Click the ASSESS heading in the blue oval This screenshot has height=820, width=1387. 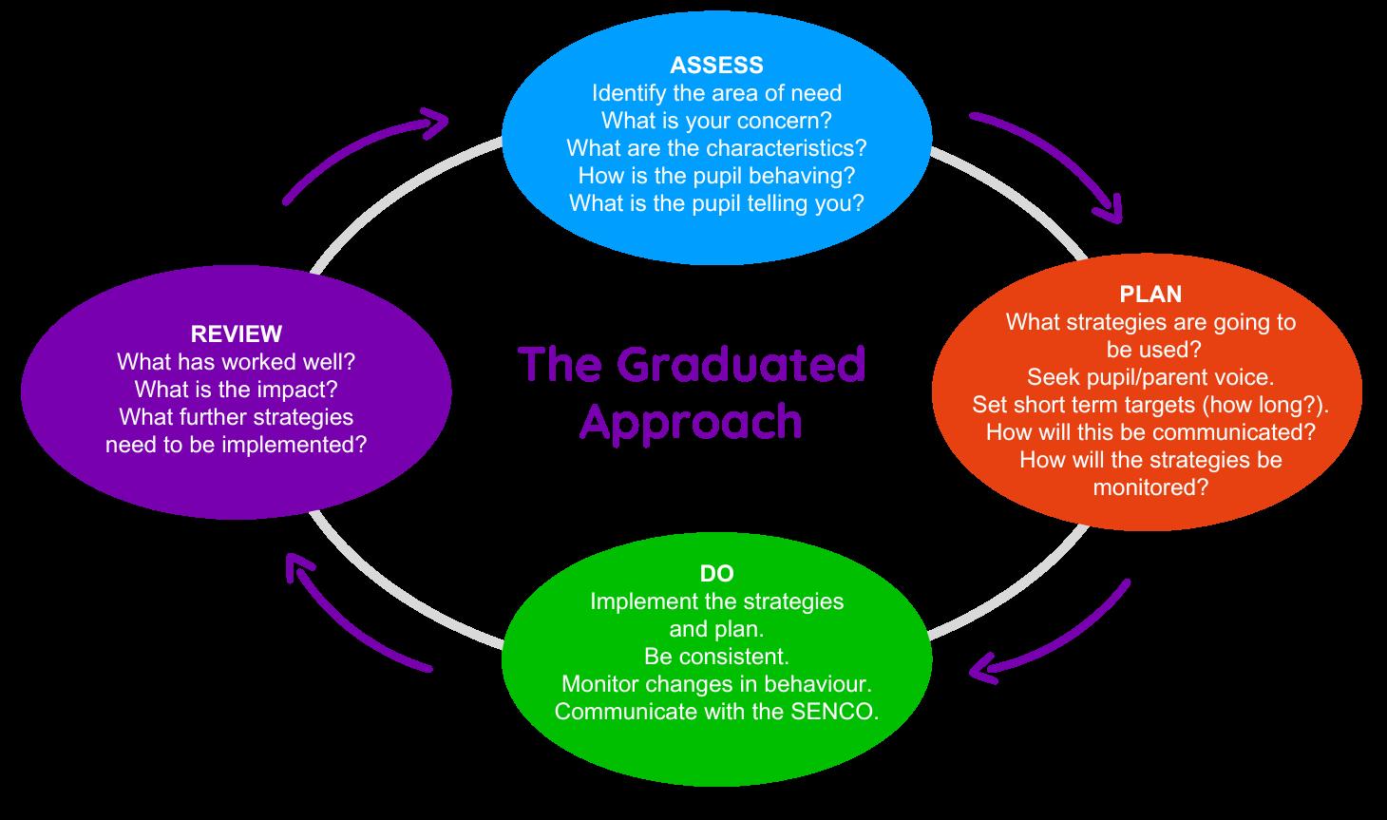point(716,65)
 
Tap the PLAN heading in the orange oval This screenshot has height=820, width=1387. point(1150,294)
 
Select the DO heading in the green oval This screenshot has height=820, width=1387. point(716,573)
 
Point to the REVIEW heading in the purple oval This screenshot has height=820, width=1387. point(237,334)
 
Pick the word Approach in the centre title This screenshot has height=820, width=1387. point(691,421)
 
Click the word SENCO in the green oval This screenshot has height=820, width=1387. point(834,711)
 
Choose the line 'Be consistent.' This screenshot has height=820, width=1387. point(716,656)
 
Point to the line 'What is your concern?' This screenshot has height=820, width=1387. point(716,121)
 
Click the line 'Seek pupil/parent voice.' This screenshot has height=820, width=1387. point(1150,376)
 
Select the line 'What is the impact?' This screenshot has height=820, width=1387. point(236,389)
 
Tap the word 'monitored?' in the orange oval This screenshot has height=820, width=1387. point(1150,487)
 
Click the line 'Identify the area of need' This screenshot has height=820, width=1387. point(716,93)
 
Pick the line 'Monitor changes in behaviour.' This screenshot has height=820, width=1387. point(716,683)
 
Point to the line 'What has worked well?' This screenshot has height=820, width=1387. point(236,361)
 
